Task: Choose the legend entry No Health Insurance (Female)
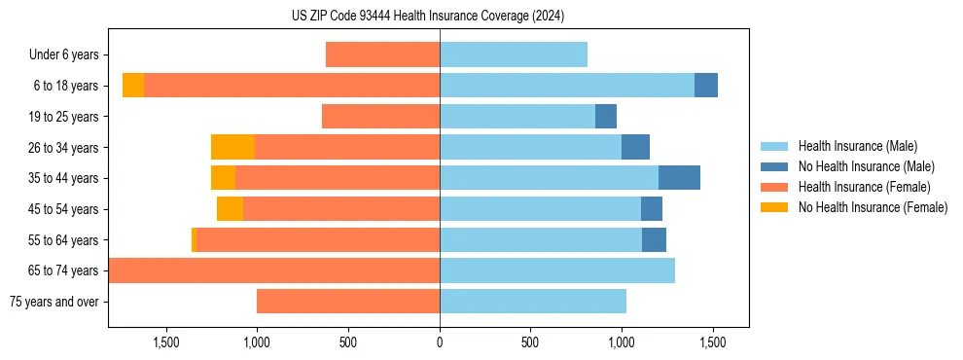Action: pos(873,207)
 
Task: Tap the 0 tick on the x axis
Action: pos(440,342)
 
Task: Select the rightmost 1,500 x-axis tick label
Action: pos(713,342)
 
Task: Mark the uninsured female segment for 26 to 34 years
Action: pos(232,147)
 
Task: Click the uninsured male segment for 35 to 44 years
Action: pos(679,178)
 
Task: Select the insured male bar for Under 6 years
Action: pos(514,55)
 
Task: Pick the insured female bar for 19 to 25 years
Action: pos(380,117)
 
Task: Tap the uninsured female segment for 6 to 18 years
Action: pos(133,86)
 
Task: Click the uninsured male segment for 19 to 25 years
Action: pos(606,117)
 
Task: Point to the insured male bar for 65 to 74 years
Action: pos(557,270)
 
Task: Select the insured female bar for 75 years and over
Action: pos(348,302)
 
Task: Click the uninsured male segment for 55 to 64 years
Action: pos(654,239)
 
